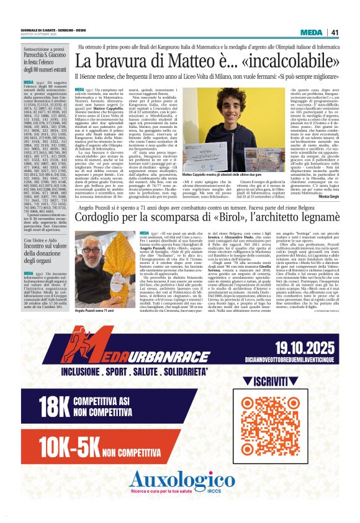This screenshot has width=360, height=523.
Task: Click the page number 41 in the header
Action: [334, 32]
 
